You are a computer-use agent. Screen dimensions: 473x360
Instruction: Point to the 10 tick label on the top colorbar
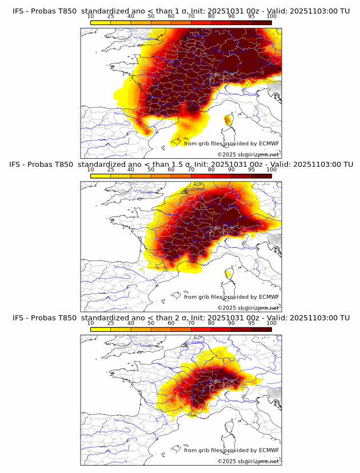pyautogui.click(x=90, y=16)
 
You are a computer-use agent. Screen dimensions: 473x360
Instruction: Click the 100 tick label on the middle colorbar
pyautogui.click(x=271, y=170)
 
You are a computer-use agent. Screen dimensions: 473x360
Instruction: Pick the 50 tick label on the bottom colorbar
pyautogui.click(x=151, y=323)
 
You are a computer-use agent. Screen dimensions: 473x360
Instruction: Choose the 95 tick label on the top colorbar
pyautogui.click(x=251, y=16)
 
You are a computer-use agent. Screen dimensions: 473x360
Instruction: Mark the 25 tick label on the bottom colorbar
pyautogui.click(x=110, y=323)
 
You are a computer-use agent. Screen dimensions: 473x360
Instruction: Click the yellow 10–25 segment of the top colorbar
pyautogui.click(x=100, y=22)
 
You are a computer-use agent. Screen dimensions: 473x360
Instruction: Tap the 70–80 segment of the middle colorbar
pyautogui.click(x=201, y=176)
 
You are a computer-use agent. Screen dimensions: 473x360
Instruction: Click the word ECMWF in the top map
pyautogui.click(x=269, y=143)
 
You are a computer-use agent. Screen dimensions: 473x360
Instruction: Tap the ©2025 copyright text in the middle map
pyautogui.click(x=226, y=307)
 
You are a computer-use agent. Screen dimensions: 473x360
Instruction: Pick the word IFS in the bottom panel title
pyautogui.click(x=18, y=318)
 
